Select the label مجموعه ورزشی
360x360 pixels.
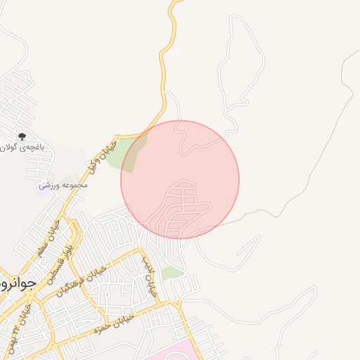[64, 185]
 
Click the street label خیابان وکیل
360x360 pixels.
[101, 159]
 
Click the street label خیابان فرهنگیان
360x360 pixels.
[83, 279]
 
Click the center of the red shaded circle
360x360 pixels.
[180, 180]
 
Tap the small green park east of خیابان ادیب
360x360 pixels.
[172, 273]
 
